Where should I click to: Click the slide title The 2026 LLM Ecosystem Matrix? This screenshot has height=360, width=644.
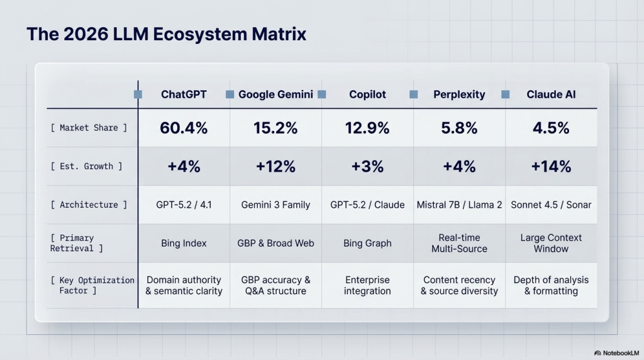click(x=166, y=34)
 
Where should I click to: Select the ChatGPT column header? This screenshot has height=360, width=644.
click(x=184, y=94)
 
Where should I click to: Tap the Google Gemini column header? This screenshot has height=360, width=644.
click(x=275, y=94)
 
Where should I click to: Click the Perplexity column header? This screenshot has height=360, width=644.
click(x=459, y=94)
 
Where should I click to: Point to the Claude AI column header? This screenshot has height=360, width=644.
click(x=551, y=94)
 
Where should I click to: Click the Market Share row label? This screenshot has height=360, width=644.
click(x=89, y=128)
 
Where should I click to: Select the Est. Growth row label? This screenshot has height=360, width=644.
click(x=86, y=166)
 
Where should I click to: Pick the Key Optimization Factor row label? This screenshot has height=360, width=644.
click(x=92, y=285)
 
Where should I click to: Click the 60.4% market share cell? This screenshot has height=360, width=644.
click(x=184, y=128)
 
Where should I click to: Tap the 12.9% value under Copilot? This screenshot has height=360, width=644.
click(x=367, y=128)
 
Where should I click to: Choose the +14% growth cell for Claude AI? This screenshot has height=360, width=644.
click(x=551, y=166)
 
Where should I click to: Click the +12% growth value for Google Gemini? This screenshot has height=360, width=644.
click(x=275, y=166)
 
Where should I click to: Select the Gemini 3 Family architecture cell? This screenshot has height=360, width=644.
click(x=275, y=205)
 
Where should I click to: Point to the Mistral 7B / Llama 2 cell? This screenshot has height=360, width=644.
click(x=459, y=205)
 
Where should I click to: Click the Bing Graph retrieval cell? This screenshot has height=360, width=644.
click(x=367, y=244)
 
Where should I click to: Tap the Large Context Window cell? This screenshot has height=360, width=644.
click(x=551, y=244)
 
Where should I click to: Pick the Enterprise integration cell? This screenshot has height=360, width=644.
click(x=367, y=285)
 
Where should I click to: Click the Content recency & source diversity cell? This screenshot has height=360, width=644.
click(x=459, y=285)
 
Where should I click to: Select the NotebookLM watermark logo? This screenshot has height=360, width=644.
click(x=597, y=353)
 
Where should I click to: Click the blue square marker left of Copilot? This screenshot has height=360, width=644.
click(x=322, y=94)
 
